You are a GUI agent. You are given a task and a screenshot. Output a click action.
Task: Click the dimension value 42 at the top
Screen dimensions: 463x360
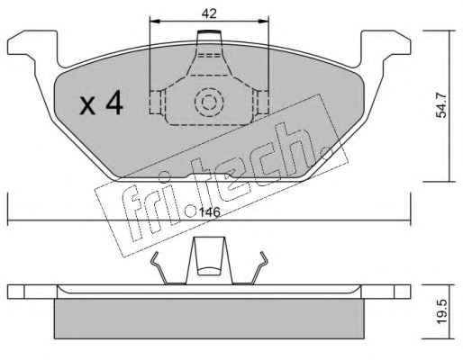[x=209, y=13]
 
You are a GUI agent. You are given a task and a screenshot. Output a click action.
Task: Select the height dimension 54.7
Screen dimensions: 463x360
[x=441, y=105]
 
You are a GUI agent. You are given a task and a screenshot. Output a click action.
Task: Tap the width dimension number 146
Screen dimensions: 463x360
[x=210, y=212]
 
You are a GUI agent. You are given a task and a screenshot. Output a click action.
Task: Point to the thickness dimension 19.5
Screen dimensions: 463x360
[x=441, y=311]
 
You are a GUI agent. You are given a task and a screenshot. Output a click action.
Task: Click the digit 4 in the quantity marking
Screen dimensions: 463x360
[x=114, y=103]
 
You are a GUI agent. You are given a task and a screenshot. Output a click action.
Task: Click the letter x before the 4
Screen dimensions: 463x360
[x=87, y=105]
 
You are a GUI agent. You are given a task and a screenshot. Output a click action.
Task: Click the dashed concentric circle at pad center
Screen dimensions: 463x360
[x=209, y=103]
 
